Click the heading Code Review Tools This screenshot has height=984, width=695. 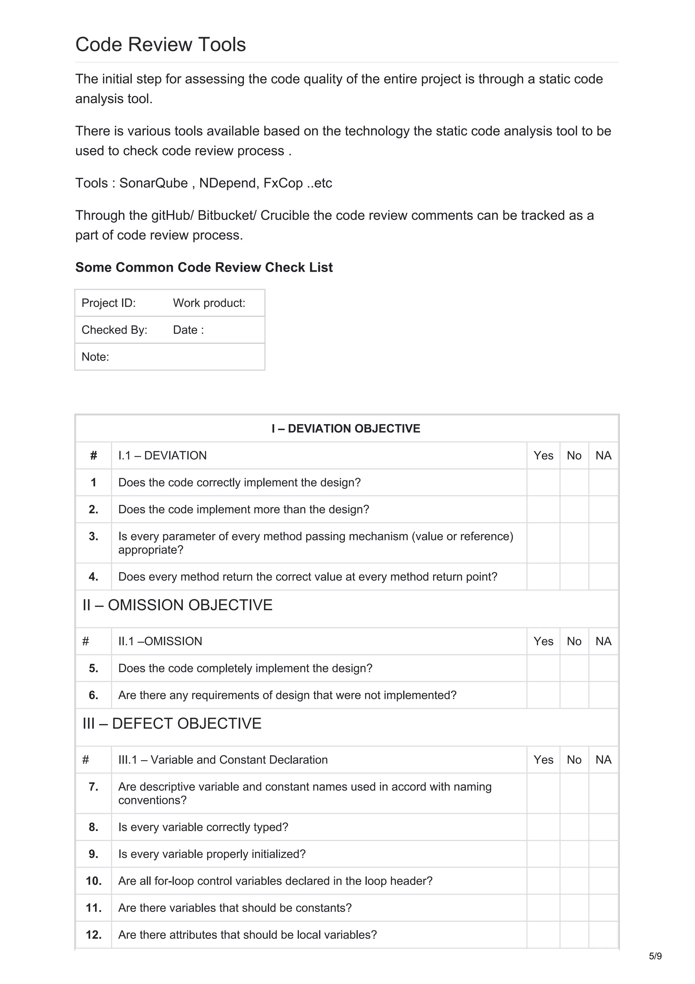coord(161,44)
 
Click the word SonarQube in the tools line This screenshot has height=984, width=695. coord(153,183)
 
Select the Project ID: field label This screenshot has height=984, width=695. coord(108,303)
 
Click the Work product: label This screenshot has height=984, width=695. coord(209,303)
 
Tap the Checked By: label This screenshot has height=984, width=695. coord(114,330)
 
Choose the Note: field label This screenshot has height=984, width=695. coord(95,357)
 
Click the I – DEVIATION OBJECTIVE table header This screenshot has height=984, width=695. coord(346,429)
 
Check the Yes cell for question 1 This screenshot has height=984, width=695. coord(543,482)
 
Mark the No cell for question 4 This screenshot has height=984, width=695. coord(574,577)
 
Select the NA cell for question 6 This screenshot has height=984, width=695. coord(603,695)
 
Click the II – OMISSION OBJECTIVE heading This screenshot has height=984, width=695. coord(177,605)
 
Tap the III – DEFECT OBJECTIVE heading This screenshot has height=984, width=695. coord(172,724)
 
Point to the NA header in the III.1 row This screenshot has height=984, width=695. coord(603,760)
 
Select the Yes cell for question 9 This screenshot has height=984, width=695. coord(543,854)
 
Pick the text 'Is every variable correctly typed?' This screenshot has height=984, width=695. coord(203,827)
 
